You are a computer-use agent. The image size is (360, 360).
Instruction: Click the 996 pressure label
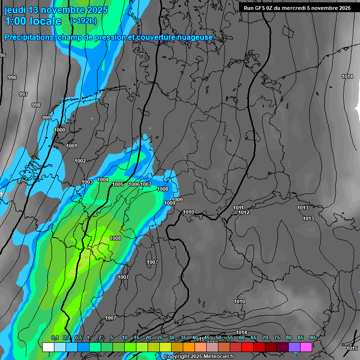pos(12,77)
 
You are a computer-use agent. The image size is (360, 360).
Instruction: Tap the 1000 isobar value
pos(60,130)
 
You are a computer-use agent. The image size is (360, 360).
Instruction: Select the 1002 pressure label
pos(80,161)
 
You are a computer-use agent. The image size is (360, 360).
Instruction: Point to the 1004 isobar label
pos(103,180)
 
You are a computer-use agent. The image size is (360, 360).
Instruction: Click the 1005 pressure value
pos(118,184)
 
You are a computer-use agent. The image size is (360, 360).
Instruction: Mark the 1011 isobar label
pos(238,208)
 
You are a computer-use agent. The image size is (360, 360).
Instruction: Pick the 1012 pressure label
pos(244,212)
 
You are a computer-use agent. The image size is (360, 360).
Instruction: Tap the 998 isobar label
pos(36,105)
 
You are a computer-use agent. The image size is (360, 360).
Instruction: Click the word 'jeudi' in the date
pos(15,10)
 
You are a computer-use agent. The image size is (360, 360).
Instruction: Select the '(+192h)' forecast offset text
pos(83,21)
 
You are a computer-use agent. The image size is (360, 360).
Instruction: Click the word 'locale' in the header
pos(45,21)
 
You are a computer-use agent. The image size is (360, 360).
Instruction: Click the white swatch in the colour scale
pos(48,347)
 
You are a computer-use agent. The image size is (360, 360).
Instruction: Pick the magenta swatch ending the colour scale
pos(306,347)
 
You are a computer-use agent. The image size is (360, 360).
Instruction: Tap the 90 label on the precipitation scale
pos(312,338)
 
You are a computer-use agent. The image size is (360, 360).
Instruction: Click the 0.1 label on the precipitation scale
pos(54,338)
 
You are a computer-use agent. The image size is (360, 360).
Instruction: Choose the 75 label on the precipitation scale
pos(277,338)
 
